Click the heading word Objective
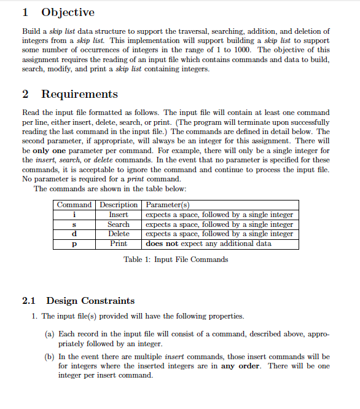[68, 12]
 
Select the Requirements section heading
[79, 94]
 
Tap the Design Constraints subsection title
[90, 301]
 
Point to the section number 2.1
[29, 301]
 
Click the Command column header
[74, 205]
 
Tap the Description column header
[119, 205]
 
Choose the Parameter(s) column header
[167, 205]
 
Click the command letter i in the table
[74, 215]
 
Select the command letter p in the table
[74, 244]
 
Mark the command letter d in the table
[74, 234]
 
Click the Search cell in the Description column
[119, 224]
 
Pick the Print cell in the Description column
[119, 244]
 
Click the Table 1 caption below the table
[176, 260]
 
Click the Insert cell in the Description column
[119, 215]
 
